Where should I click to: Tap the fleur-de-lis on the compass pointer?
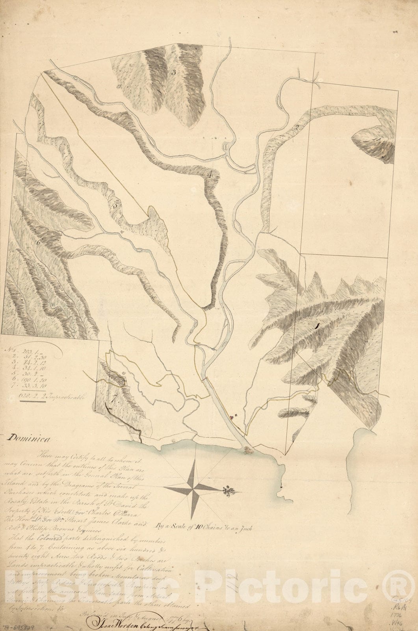pos(227,491)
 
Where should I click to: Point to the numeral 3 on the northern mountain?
pos(173,73)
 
